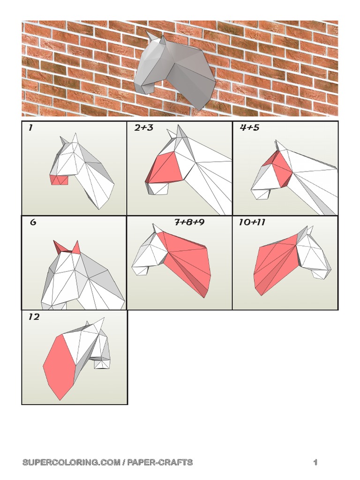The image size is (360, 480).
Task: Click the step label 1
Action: click(30, 128)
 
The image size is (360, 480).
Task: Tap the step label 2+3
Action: click(143, 127)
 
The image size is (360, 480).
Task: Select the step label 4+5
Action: click(249, 127)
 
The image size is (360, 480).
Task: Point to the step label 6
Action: click(33, 223)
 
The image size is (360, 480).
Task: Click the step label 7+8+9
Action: click(189, 222)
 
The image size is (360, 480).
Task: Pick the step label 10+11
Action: click(252, 222)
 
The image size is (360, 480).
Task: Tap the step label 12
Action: click(34, 317)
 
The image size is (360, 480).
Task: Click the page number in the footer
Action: click(315, 463)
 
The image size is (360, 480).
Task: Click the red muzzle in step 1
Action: click(60, 180)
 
